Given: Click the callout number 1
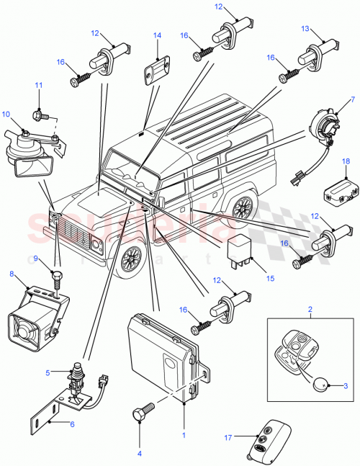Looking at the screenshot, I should (x=184, y=435).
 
